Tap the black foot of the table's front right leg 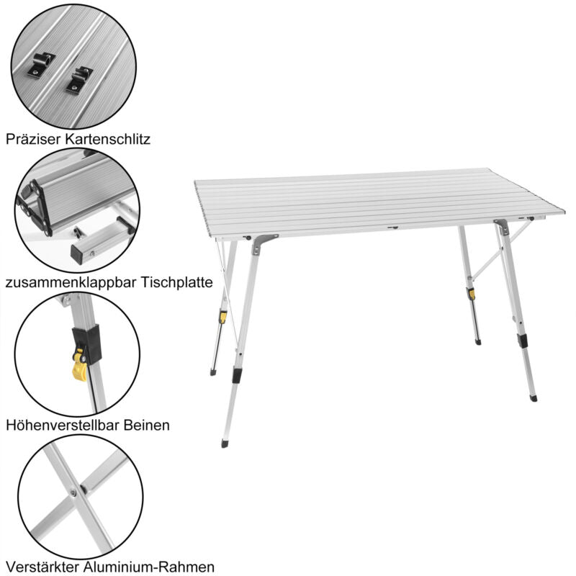(x=533, y=397)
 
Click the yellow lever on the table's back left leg (x=223, y=317)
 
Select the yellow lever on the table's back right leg (x=472, y=294)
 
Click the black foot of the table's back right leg (x=478, y=342)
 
